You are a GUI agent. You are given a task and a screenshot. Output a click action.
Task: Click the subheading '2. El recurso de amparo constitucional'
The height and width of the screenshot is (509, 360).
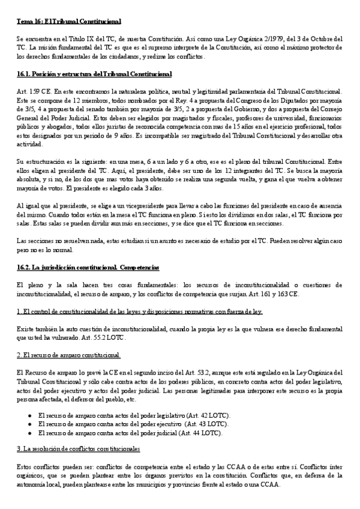69,355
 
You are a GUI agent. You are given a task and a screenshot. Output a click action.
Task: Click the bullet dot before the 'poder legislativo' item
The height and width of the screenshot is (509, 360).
30,415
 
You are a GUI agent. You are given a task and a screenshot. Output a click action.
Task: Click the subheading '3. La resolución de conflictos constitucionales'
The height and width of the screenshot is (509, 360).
79,449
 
